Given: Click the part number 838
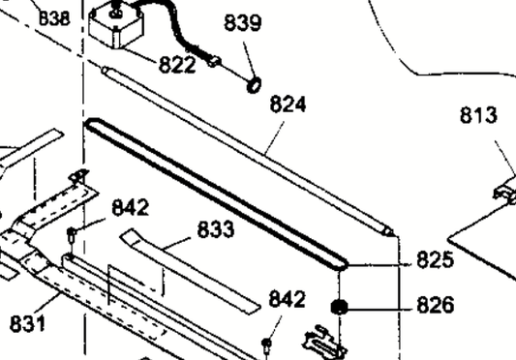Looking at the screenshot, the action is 54,18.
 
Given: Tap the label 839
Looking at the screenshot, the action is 243,22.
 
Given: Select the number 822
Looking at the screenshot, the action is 177,64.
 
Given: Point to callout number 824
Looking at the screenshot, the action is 288,105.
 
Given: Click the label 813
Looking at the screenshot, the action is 478,115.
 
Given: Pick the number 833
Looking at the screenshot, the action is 216,229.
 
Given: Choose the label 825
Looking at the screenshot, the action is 436,259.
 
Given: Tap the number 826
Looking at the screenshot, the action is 436,305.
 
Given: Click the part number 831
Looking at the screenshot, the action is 28,323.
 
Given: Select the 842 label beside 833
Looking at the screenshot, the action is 131,208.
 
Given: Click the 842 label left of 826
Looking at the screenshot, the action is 287,299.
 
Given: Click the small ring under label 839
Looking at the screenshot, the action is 254,85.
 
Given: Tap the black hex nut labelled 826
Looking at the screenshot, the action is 339,307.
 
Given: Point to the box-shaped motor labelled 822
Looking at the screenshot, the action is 116,26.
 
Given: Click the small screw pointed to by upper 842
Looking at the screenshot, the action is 71,235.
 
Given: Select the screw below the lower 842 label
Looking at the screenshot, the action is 266,345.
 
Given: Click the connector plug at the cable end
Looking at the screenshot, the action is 214,61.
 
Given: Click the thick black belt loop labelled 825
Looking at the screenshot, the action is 216,195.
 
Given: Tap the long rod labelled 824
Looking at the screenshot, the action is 247,151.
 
